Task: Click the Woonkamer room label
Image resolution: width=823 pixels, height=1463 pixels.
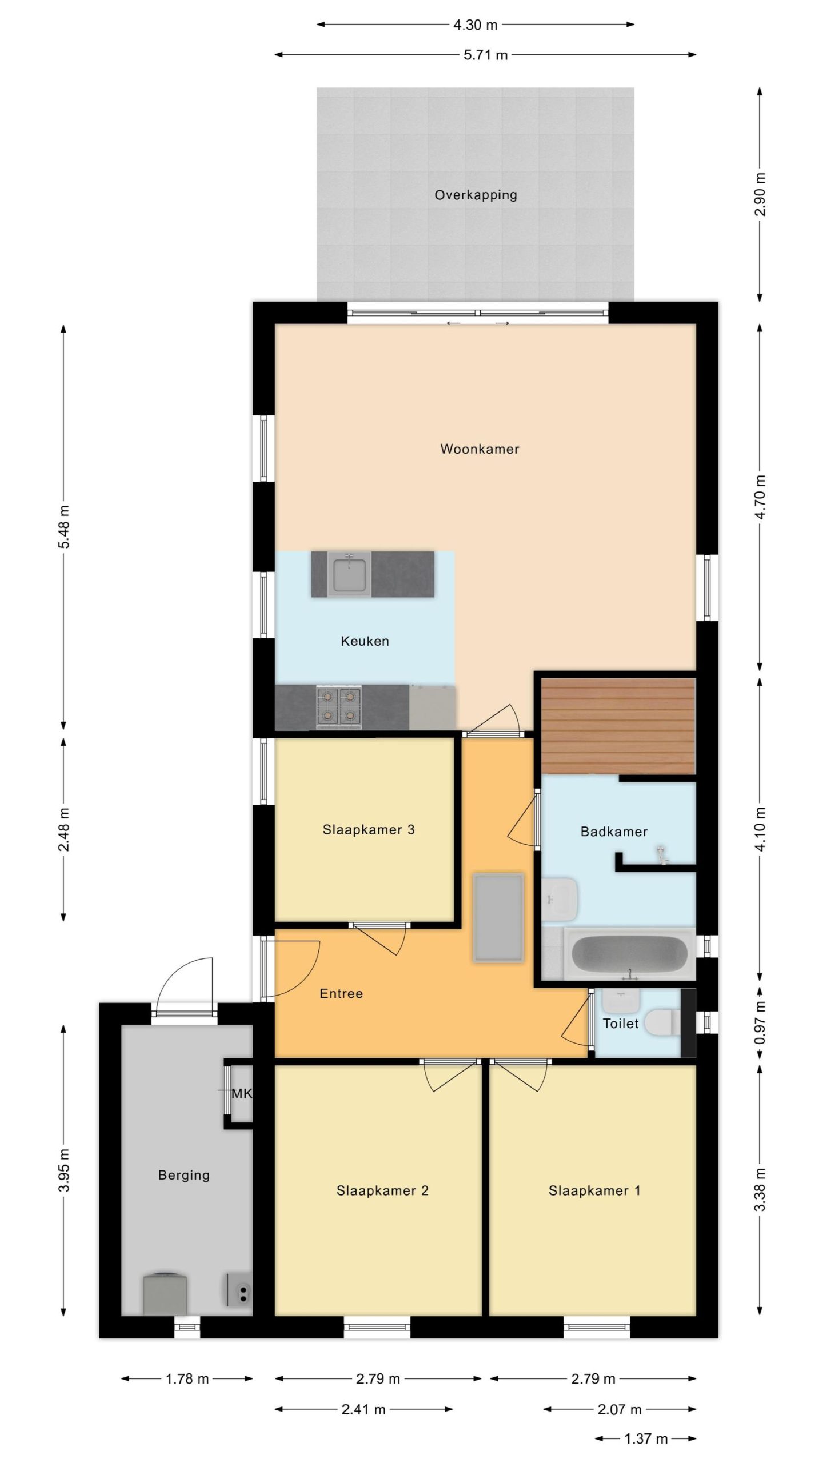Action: (480, 449)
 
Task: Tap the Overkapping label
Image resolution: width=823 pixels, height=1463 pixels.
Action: (476, 195)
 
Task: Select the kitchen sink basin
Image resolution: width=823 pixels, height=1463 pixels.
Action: (349, 574)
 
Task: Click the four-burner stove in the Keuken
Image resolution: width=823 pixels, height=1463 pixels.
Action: (339, 707)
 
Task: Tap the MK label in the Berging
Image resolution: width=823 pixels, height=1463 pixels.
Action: (241, 1093)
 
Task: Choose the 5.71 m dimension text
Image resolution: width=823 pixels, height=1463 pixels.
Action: (485, 55)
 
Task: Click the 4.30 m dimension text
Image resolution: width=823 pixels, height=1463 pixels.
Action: (475, 25)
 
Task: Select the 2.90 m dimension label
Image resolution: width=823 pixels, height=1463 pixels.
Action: (760, 194)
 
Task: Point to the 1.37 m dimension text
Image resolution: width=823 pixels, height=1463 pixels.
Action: (646, 1439)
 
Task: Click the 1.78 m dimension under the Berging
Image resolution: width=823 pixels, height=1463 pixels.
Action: (187, 1379)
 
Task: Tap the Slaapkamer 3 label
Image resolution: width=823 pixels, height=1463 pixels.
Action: (369, 830)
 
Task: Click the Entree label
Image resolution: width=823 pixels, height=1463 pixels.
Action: (341, 994)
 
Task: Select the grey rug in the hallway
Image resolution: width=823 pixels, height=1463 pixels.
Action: (498, 918)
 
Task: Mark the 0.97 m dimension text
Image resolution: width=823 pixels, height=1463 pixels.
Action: (760, 1022)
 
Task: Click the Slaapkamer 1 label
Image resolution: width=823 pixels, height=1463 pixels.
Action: (594, 1190)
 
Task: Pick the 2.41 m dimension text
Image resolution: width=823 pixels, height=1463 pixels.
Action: (363, 1409)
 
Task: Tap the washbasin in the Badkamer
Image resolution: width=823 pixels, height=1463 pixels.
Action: (559, 900)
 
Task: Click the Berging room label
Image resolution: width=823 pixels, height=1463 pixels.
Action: (184, 1176)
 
